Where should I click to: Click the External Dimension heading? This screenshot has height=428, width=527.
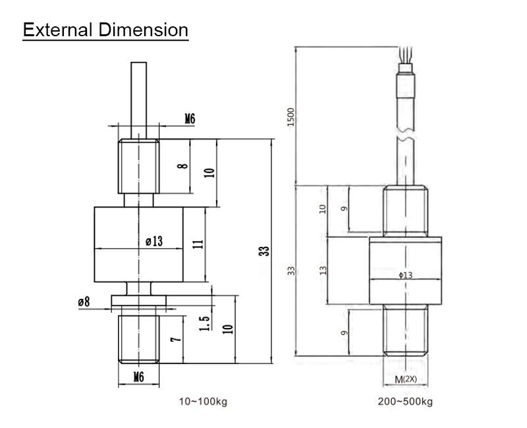coord(105,30)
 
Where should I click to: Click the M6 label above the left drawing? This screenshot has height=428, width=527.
coord(189,119)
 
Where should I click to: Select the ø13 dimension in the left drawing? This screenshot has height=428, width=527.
coord(153,242)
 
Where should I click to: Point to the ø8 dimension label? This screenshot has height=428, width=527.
coord(84,302)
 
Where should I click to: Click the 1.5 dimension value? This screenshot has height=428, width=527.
coord(205,323)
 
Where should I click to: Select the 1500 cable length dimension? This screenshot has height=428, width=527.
coord(292,117)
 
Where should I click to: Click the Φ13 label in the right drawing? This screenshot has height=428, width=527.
coord(405,275)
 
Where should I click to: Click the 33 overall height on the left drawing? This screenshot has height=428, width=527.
coord(265,251)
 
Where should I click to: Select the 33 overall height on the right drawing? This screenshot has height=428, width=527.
coord(292,271)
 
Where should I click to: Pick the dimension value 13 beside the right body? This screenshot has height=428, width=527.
coord(323,271)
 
